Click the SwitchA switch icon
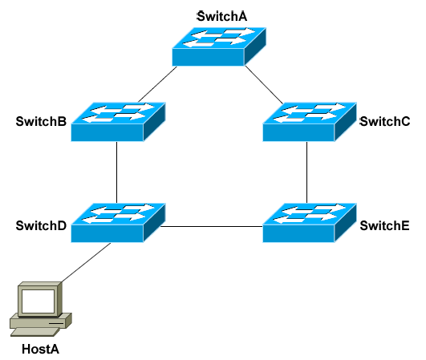219,47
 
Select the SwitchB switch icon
118,122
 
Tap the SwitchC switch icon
310,122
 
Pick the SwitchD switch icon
118,223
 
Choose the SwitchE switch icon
310,223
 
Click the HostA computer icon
41,309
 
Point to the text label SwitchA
222,17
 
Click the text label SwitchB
41,121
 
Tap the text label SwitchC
385,121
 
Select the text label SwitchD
41,225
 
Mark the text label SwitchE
384,225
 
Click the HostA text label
40,349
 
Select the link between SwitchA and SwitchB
157,84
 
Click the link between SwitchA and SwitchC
264,85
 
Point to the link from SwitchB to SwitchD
117,172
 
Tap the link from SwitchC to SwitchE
307,172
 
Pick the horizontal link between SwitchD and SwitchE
212,226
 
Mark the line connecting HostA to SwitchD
86,262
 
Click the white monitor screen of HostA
38,301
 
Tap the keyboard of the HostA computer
34,332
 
